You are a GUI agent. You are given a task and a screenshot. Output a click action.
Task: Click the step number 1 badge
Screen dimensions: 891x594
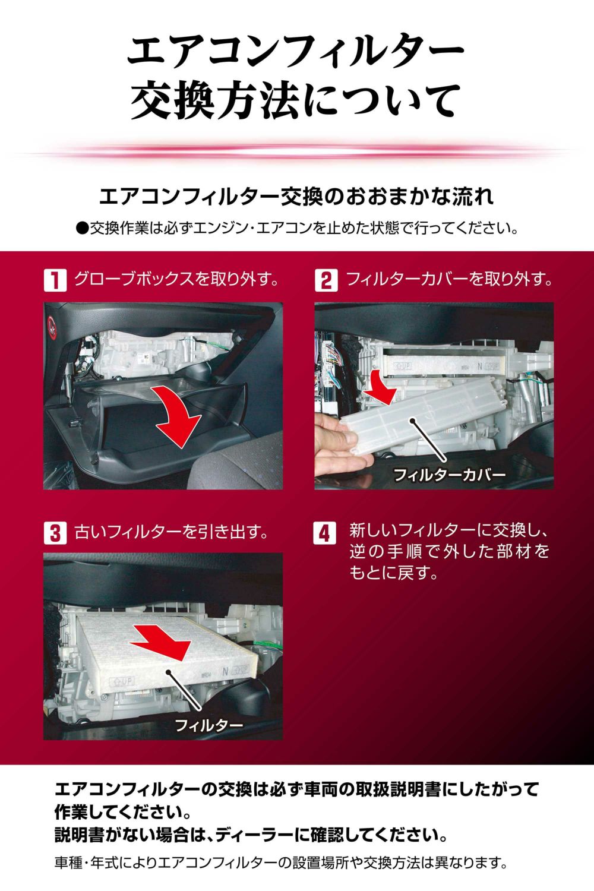tap(55, 280)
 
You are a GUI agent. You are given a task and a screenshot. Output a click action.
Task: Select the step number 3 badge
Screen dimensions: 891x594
tap(55, 532)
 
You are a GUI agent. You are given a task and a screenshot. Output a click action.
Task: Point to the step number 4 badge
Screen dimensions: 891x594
tap(325, 532)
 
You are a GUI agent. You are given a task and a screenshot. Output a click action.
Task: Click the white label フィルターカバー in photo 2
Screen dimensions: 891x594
tap(449, 475)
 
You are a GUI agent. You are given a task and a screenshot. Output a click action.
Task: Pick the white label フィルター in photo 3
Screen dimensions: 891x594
tap(208, 725)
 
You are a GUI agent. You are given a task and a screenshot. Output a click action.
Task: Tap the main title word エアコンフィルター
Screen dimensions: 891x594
tap(295, 52)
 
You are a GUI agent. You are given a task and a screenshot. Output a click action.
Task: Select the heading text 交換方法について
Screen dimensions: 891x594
tap(295, 101)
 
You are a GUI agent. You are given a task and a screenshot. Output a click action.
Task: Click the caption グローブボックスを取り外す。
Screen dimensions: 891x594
tap(176, 279)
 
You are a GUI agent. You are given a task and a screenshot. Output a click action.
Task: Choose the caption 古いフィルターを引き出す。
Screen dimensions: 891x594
tap(170, 532)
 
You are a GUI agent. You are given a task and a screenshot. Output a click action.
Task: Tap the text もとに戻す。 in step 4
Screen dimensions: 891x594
tap(394, 573)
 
